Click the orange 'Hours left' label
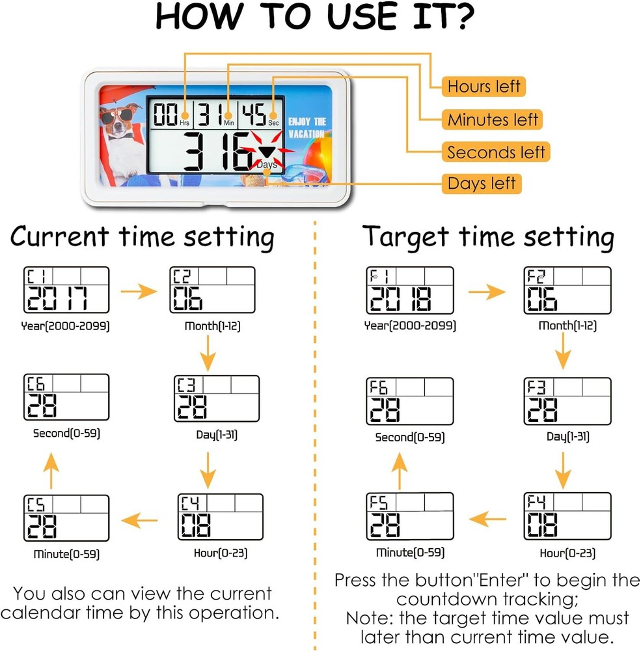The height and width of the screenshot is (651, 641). [x=484, y=87]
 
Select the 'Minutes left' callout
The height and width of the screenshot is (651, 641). [x=493, y=120]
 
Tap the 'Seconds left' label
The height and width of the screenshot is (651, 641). [x=496, y=152]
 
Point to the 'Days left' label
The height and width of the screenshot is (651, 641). [x=481, y=184]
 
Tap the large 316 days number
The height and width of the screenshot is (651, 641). [x=217, y=151]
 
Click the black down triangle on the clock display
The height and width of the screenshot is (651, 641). [x=266, y=151]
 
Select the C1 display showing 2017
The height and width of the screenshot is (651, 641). [x=66, y=290]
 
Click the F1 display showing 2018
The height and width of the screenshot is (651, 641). [x=410, y=290]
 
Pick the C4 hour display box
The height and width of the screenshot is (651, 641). [x=221, y=517]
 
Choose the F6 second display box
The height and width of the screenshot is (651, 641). [x=410, y=401]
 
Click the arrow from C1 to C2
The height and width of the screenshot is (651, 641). [x=139, y=292]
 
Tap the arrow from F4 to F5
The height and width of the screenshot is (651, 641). [x=487, y=519]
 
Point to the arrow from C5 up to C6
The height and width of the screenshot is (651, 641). [x=51, y=471]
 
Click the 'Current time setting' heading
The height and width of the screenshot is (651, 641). [x=142, y=237]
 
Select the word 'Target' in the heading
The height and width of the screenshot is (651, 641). [x=405, y=237]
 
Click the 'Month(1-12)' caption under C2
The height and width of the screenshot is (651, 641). [x=213, y=326]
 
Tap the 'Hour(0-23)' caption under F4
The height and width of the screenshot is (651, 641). [x=567, y=553]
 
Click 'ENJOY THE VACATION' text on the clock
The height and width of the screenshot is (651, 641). [x=307, y=128]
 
